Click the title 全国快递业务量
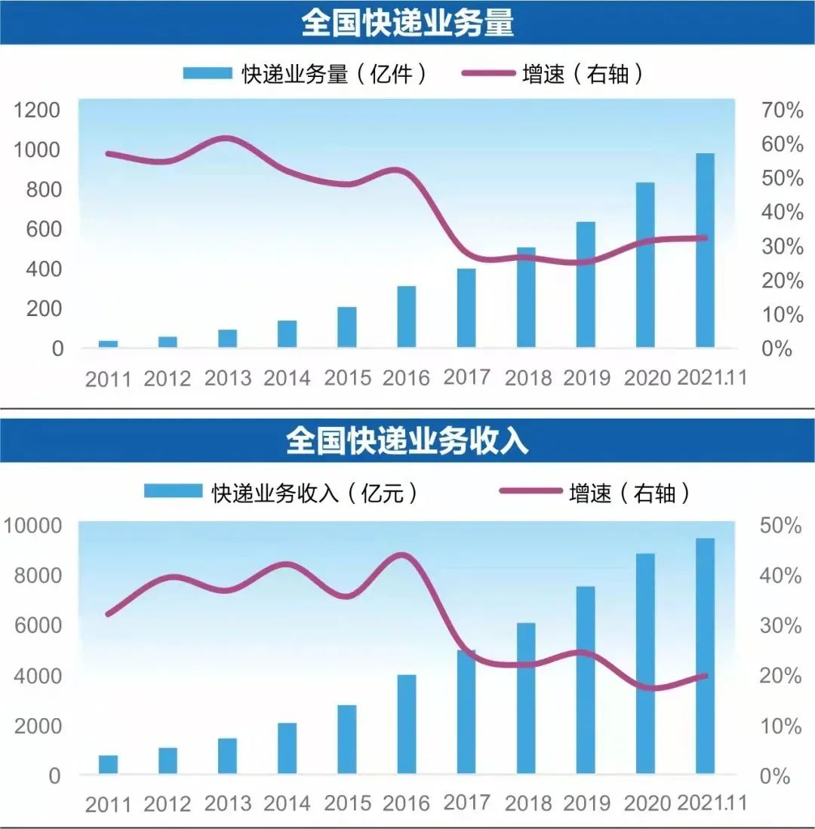407,23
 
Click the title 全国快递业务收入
407,441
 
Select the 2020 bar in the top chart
645,265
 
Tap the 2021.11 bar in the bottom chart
705,656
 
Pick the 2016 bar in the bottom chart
407,724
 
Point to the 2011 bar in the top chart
109,344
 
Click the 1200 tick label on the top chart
36,110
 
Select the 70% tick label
783,110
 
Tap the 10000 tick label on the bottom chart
32,526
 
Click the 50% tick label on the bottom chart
780,526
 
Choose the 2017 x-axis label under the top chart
466,377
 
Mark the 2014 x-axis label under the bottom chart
287,803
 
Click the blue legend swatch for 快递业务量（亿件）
208,73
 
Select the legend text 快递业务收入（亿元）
315,493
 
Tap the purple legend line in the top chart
488,73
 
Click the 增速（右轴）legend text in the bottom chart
629,493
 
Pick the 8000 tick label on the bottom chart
38,576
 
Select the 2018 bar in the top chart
526,297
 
